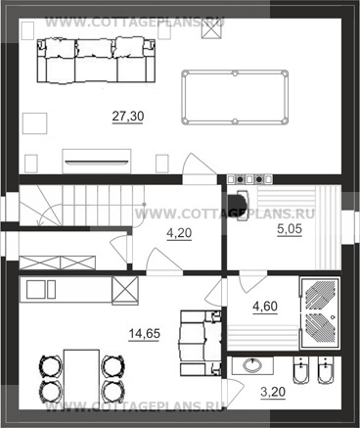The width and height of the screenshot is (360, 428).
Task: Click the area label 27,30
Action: [128, 117]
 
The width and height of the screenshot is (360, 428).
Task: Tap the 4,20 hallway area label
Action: [179, 233]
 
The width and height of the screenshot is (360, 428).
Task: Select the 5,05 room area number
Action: [290, 229]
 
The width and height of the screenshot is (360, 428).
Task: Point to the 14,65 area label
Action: [144, 334]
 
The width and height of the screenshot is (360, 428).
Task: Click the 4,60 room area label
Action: [265, 307]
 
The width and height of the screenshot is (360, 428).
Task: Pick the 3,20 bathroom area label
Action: [273, 392]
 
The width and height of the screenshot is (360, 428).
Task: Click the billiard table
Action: [235, 97]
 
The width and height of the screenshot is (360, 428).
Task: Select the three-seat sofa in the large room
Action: [96, 62]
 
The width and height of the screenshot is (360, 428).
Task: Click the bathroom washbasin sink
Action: [252, 365]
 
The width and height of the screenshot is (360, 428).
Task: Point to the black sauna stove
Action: [239, 205]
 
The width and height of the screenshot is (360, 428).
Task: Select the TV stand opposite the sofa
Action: [97, 162]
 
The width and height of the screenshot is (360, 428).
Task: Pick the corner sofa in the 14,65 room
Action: [200, 343]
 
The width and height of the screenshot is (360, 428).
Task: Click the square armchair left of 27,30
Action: [34, 123]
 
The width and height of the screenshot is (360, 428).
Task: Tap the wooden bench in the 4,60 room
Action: [263, 337]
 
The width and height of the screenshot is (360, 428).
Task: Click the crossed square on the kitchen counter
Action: [125, 290]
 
